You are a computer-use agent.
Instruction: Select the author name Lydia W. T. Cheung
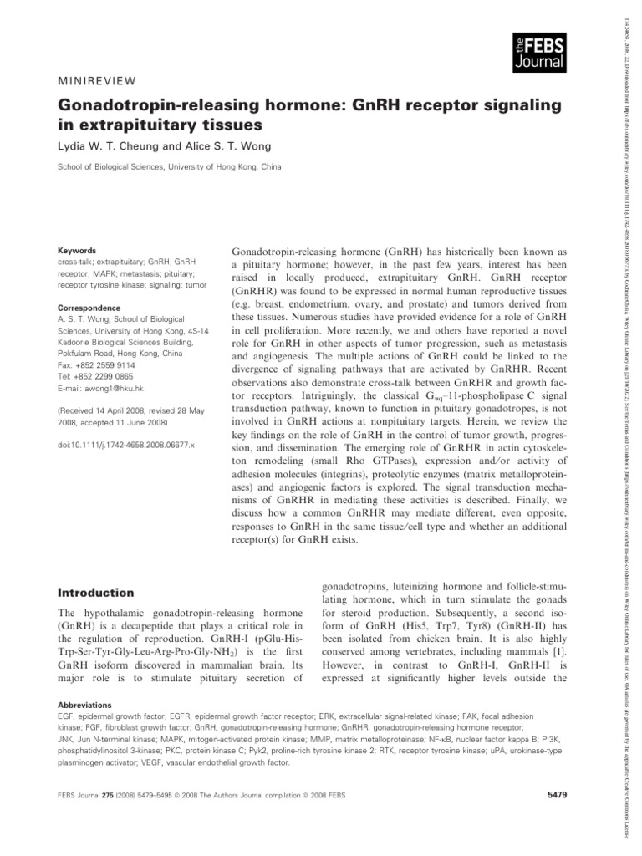pos(110,144)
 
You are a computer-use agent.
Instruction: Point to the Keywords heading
pos(76,250)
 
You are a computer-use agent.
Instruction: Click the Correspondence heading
pos(91,285)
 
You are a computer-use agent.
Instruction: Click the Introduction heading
pos(95,593)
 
